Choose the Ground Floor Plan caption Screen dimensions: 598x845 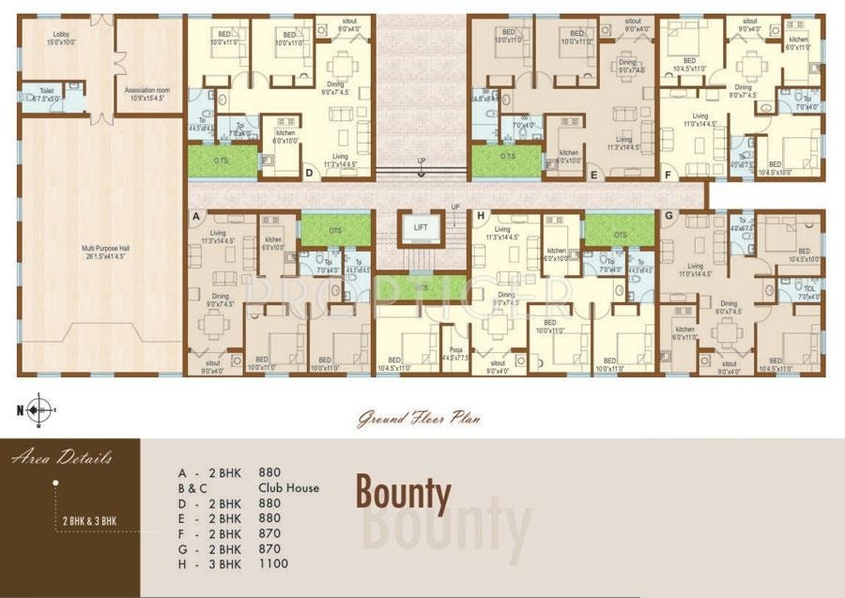418,420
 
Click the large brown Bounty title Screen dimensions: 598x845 403,492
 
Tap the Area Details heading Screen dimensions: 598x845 63,458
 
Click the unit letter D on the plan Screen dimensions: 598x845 309,174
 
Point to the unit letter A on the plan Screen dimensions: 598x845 197,216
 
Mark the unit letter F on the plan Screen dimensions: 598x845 668,175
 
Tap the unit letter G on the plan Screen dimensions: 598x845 668,216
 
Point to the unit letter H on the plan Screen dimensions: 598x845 481,216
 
